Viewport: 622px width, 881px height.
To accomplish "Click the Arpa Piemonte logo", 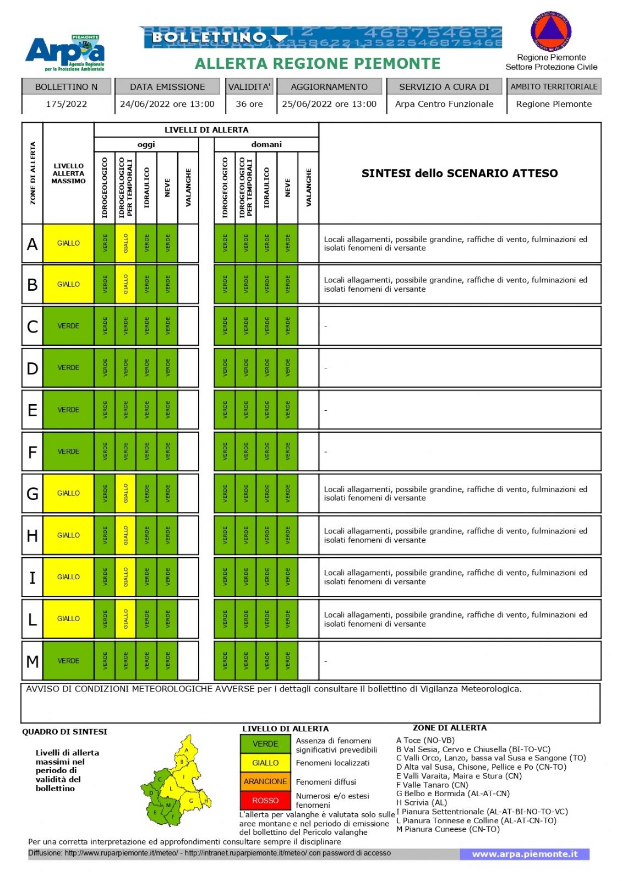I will coord(65,53).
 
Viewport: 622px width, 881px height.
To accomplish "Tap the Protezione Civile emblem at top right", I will coord(550,32).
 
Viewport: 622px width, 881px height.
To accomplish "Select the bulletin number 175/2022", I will coord(66,104).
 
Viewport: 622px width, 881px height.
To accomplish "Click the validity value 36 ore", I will coord(249,104).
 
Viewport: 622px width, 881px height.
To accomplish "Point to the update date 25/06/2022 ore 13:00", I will coord(329,104).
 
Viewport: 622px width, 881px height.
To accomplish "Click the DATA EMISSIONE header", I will coord(167,87).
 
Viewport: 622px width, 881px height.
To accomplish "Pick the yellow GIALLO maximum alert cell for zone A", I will coord(68,243).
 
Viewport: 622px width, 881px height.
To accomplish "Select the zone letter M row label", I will coord(32,661).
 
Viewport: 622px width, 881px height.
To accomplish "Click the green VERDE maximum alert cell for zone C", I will coord(68,326).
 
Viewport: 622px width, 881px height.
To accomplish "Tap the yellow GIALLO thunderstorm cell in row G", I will coord(126,493).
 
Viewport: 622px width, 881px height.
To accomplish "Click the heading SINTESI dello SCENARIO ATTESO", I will coord(460,173).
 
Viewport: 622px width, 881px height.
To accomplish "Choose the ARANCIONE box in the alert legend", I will coord(265,781).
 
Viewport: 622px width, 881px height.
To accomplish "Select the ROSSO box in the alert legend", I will coord(265,801).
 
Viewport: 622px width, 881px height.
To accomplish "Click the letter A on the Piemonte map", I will coord(187,750).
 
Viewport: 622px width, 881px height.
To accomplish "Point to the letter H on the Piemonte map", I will coord(206,801).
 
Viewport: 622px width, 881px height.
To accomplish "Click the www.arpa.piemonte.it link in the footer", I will coord(525,854).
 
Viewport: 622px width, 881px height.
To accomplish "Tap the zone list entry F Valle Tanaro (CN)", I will coord(432,785).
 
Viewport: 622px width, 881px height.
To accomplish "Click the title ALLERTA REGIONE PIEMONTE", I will coord(318,64).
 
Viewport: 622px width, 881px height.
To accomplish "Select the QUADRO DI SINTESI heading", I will coord(64,732).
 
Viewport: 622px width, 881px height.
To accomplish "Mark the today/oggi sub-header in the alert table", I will coord(146,144).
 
